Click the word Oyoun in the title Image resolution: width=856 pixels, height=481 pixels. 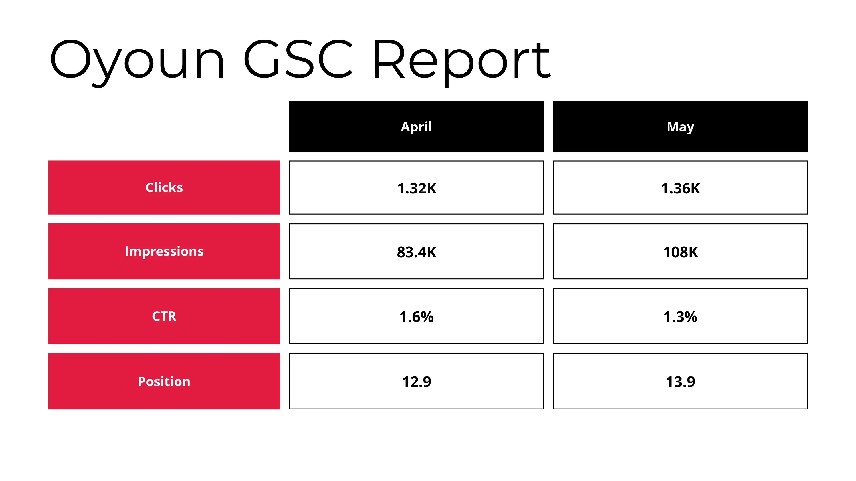tap(137, 60)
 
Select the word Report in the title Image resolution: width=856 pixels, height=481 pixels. tap(461, 60)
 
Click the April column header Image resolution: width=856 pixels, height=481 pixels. tap(416, 127)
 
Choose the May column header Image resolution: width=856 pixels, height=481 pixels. tap(680, 127)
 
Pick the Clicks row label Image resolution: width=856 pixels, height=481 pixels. tap(164, 187)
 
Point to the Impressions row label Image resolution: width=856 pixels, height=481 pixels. tap(164, 251)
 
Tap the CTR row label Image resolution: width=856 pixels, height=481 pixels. tap(164, 316)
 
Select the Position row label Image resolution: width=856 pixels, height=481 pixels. tap(164, 382)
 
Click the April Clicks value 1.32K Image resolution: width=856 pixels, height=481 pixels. tap(416, 188)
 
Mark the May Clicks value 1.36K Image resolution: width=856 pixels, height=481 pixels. tap(680, 188)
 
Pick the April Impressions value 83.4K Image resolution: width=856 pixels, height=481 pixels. tap(416, 252)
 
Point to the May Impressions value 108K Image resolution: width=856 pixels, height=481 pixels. tap(680, 252)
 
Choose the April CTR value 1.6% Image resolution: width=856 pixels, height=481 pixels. tap(416, 317)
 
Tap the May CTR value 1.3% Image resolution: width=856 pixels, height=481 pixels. tap(680, 317)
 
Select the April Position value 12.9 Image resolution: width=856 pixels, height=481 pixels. tap(416, 382)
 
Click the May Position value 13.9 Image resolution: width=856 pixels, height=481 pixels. tap(680, 382)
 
